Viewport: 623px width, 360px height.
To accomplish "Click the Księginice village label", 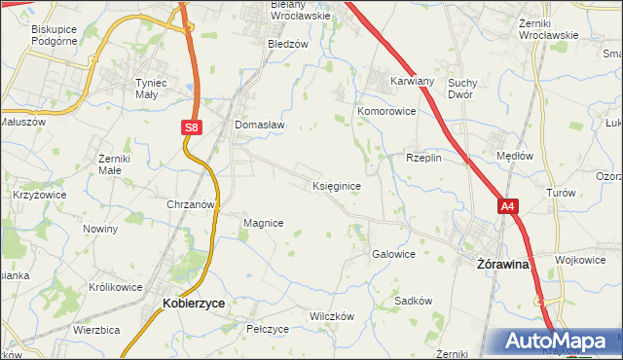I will click(339, 185).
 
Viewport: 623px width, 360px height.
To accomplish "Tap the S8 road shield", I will click(192, 126).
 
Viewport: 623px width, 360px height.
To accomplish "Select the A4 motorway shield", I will click(507, 206).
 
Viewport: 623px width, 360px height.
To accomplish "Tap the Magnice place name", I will click(263, 223).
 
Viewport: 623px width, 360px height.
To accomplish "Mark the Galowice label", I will click(393, 254).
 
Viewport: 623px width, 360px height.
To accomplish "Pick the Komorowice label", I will click(386, 112).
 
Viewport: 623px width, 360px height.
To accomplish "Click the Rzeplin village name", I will click(424, 157).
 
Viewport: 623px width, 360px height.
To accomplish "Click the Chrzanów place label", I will click(190, 205).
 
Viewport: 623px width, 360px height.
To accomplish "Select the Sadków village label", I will click(413, 301).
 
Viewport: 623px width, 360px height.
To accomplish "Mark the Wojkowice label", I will click(580, 260).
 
